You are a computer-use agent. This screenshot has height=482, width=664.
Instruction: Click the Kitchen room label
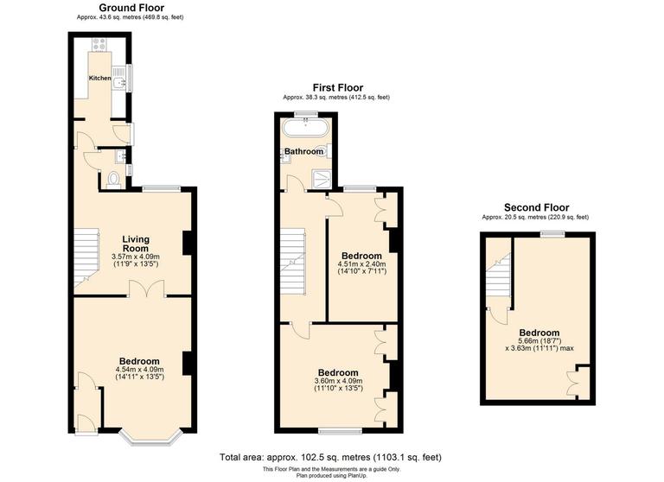(100, 77)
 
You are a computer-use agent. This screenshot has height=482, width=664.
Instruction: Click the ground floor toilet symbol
(117, 181)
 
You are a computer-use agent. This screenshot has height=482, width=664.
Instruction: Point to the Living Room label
(135, 244)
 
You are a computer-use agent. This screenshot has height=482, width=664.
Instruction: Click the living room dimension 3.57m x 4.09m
(136, 257)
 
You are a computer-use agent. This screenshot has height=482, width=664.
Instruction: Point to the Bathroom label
(304, 151)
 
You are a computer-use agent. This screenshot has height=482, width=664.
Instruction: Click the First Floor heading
(337, 87)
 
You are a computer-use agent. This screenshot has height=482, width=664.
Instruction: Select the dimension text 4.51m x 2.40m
(361, 264)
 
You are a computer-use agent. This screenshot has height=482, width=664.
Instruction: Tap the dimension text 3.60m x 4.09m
(338, 381)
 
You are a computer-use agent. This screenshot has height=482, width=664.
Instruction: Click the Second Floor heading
(536, 207)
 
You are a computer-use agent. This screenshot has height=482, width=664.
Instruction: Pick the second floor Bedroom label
(539, 333)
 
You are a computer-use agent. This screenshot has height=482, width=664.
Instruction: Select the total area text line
(331, 456)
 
